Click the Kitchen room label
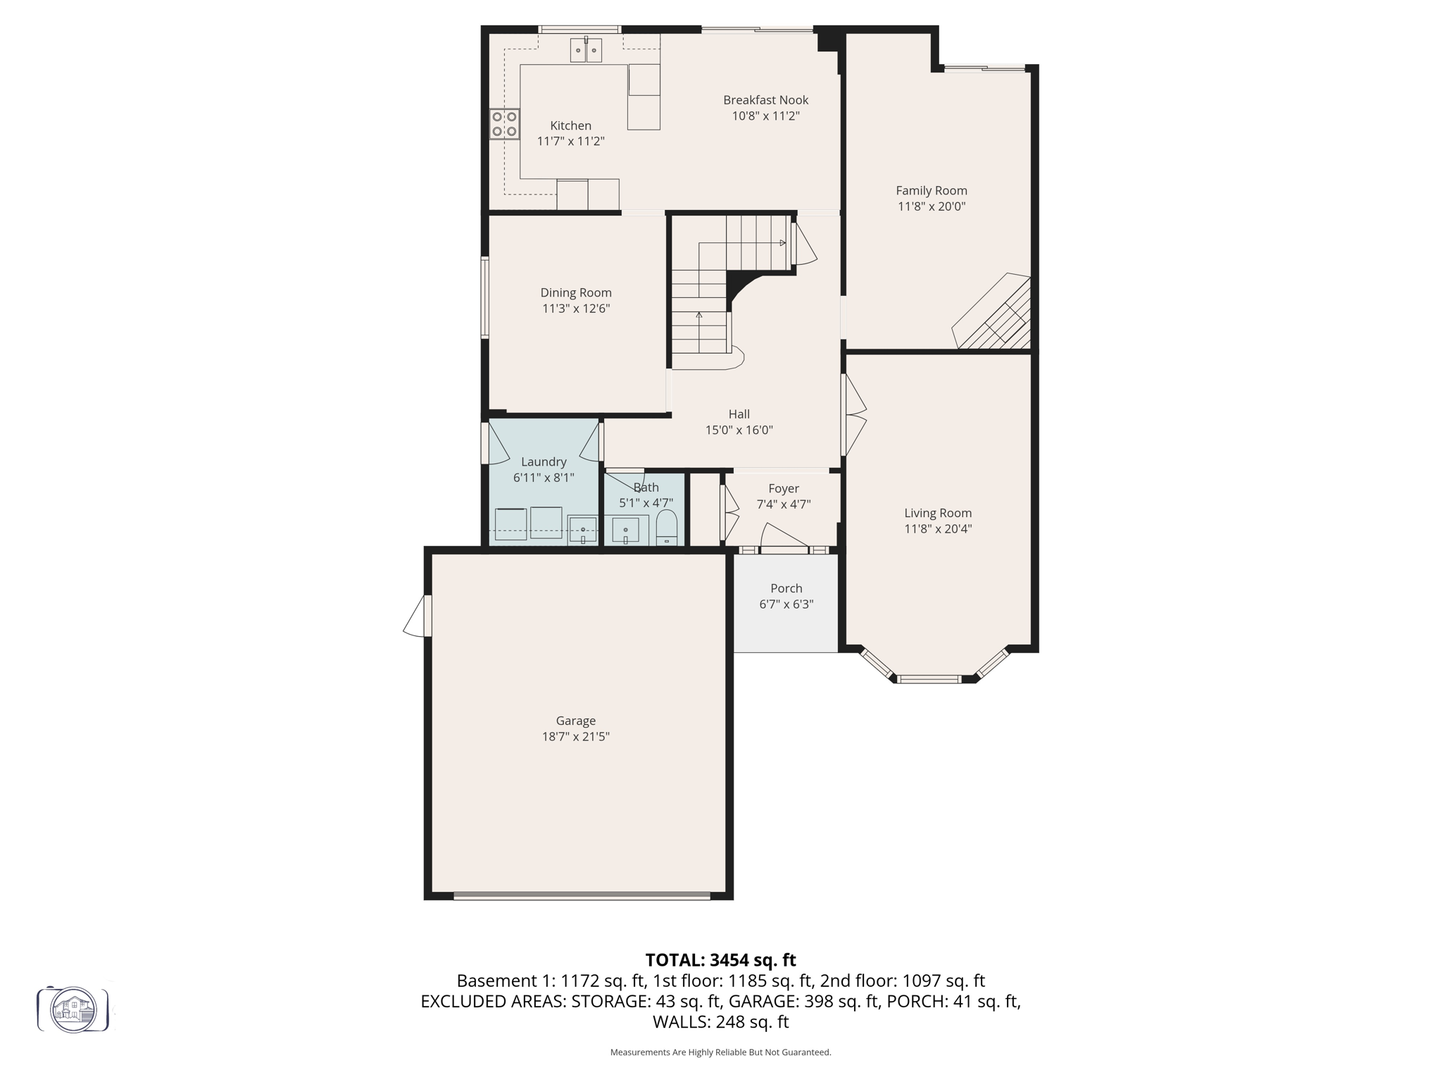570,126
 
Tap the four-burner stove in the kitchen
504,124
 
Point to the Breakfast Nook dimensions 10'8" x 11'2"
765,116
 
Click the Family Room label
931,191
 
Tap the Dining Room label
575,293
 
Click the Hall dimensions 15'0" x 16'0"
739,430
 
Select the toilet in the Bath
666,528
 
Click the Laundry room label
543,462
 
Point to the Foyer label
783,489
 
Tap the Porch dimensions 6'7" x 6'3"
786,604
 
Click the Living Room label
937,514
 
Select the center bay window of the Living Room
929,679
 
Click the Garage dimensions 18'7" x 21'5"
575,737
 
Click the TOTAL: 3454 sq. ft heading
720,960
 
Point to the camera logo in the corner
73,1009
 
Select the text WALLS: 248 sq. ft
720,1022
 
